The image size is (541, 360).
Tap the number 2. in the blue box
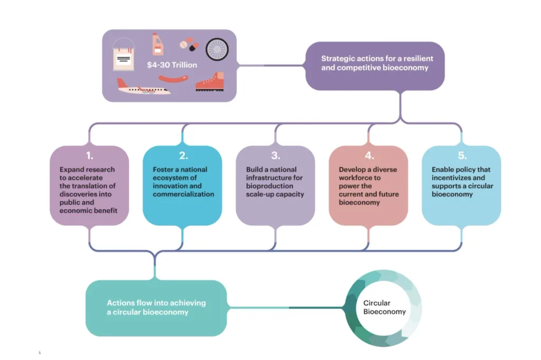183,155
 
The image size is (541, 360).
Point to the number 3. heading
276,155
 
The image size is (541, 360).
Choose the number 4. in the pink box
369,155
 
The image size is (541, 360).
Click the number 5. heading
462,155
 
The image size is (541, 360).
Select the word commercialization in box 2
183,194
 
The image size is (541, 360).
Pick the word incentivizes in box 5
451,178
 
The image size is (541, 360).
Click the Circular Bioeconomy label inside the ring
384,307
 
